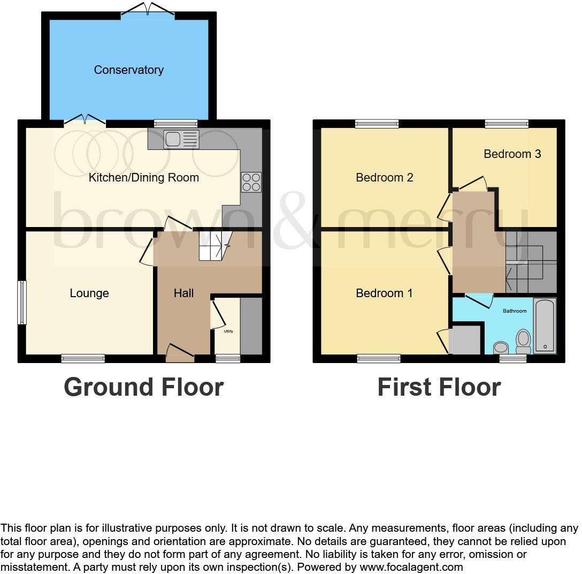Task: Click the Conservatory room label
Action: click(x=128, y=70)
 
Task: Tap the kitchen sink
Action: click(x=182, y=139)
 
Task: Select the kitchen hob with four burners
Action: click(x=251, y=182)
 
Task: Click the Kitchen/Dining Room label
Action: click(x=143, y=177)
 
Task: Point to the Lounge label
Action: click(x=89, y=293)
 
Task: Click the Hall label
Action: click(x=183, y=293)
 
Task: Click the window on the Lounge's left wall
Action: click(x=22, y=303)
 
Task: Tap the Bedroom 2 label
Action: click(x=384, y=177)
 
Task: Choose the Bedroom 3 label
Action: click(x=512, y=154)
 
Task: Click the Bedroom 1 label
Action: click(x=384, y=293)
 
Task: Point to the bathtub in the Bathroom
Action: click(x=545, y=326)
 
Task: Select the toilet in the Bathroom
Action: click(x=523, y=340)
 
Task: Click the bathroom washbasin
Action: click(x=501, y=348)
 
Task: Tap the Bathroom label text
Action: click(x=514, y=311)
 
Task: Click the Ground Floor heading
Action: click(x=143, y=387)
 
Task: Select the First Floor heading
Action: click(x=439, y=387)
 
